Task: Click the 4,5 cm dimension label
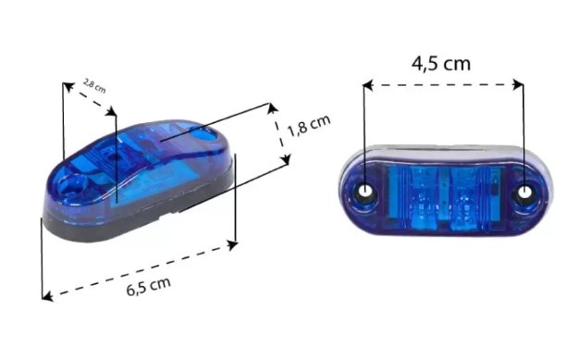(x=441, y=64)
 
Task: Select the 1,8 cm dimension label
(x=309, y=125)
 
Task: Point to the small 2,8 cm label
(x=94, y=86)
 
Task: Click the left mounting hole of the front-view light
(x=365, y=192)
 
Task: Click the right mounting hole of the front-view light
(x=524, y=192)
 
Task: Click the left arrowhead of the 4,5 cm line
(x=368, y=85)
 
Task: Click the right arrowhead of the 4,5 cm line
(x=518, y=84)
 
